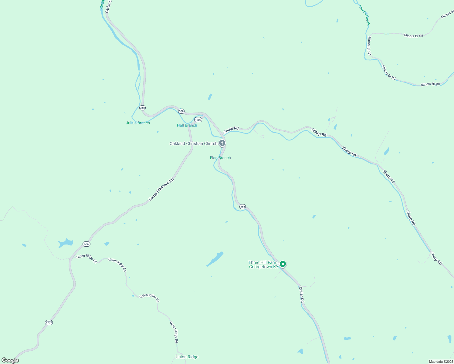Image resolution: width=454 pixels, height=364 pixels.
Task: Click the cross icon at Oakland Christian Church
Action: (x=222, y=143)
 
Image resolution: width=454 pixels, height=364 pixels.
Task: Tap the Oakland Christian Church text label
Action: (x=193, y=143)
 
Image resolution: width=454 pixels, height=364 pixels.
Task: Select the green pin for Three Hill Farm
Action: (x=283, y=264)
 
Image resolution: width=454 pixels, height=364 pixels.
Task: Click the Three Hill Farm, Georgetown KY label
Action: (x=263, y=265)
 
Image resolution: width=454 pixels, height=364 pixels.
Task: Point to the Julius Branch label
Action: (x=138, y=123)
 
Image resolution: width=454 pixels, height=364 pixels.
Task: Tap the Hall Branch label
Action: (x=187, y=125)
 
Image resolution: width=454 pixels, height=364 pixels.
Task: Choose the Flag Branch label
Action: (x=220, y=158)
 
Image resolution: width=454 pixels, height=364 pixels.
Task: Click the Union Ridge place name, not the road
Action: (x=187, y=357)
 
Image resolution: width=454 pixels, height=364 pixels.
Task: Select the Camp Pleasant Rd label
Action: (x=161, y=189)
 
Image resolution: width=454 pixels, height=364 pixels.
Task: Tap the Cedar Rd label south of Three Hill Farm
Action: (x=301, y=295)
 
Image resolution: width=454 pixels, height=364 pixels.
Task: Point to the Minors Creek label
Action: (x=364, y=15)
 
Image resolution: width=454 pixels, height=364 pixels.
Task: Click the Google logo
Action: (x=10, y=360)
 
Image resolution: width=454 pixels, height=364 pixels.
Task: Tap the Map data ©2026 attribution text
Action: (x=440, y=362)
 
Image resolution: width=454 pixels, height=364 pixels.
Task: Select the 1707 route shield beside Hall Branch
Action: (x=198, y=120)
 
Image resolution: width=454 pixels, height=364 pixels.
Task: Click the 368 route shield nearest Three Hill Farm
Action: (x=242, y=207)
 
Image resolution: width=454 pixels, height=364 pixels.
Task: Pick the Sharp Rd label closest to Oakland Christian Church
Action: (x=231, y=130)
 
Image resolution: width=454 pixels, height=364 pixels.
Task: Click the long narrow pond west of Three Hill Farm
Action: (x=215, y=259)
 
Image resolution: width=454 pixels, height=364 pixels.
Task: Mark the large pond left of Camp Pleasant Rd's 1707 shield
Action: (x=66, y=243)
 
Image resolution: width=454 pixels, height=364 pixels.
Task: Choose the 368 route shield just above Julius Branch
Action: (x=142, y=108)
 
